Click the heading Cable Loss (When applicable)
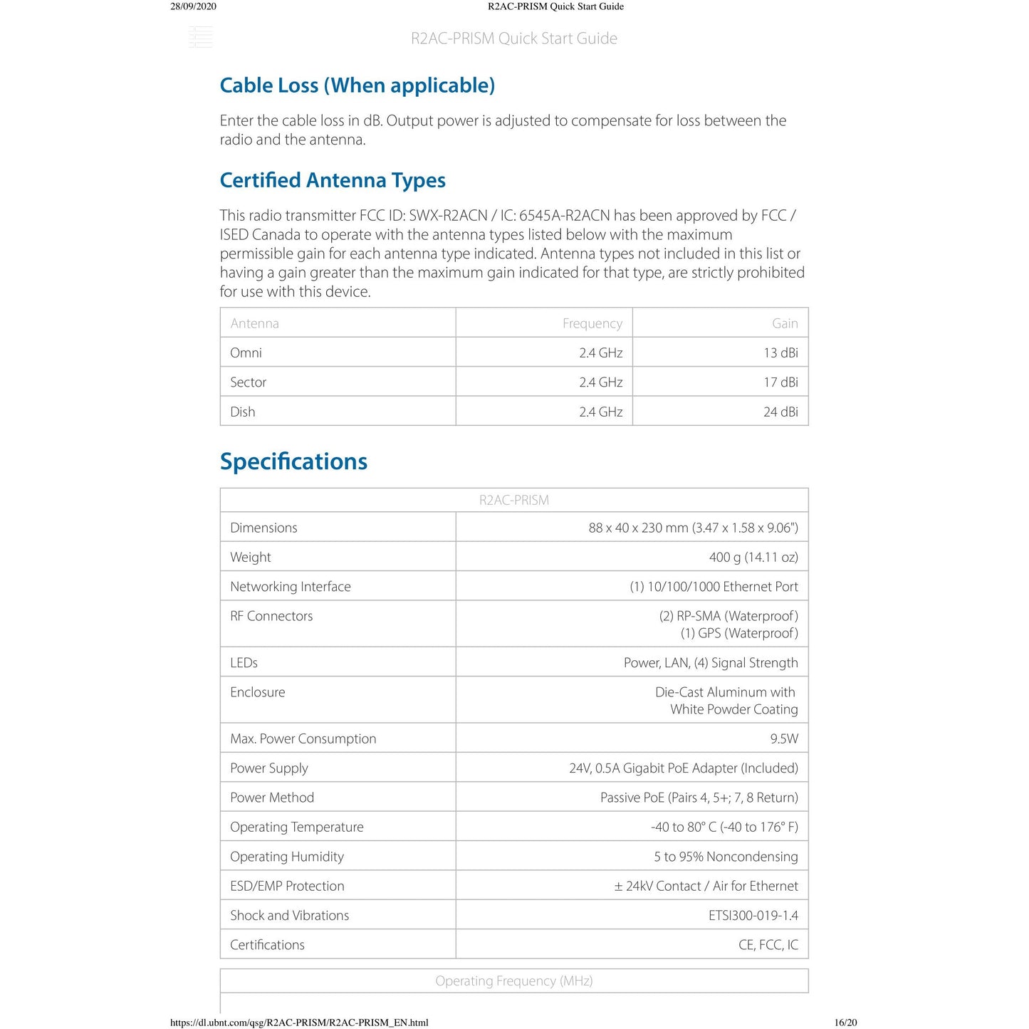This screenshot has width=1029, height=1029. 357,85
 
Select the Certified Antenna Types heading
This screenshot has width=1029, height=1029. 333,180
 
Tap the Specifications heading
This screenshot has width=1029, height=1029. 293,461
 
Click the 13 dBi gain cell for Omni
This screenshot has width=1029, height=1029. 780,352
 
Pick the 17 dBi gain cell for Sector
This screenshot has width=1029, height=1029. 780,382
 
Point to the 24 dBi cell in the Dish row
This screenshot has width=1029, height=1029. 780,412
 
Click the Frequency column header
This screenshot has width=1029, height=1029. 592,323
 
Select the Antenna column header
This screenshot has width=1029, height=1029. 254,323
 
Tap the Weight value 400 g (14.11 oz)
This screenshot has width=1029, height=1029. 753,557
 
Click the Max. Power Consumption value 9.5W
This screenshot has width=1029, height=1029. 784,738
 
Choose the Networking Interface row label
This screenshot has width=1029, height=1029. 291,587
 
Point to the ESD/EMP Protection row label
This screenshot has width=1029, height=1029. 287,886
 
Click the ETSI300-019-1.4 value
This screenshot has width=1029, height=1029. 753,915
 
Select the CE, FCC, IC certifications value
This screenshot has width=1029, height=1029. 768,945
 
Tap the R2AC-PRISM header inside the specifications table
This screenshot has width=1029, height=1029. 513,500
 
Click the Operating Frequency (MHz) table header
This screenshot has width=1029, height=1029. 513,981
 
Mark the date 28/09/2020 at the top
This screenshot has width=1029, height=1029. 193,6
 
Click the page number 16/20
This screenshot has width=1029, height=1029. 845,1023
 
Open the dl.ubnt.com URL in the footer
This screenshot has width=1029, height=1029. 299,1023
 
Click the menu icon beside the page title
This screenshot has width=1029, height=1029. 201,37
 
